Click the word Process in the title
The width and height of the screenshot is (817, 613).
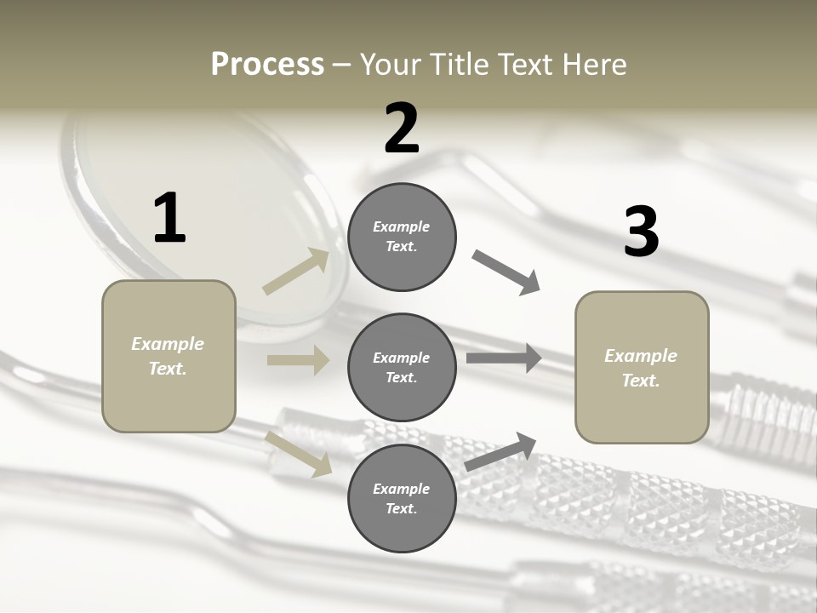pos(267,64)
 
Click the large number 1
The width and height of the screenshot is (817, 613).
pos(169,219)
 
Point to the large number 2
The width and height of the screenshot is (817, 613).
pos(402,128)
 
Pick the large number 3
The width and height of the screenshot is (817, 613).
pos(641,232)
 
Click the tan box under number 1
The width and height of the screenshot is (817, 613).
pos(169,356)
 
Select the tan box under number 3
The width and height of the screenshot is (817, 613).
pos(642,367)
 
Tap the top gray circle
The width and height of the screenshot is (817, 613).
pos(402,237)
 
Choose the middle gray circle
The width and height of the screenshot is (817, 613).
pos(402,367)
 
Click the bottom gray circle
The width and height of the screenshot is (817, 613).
pos(402,498)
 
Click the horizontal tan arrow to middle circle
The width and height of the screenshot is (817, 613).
pos(298,360)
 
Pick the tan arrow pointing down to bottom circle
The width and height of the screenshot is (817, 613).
pos(299,454)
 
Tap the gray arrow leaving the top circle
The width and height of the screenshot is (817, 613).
pos(506,272)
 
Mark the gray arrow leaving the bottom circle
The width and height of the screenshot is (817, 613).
pos(501,451)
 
